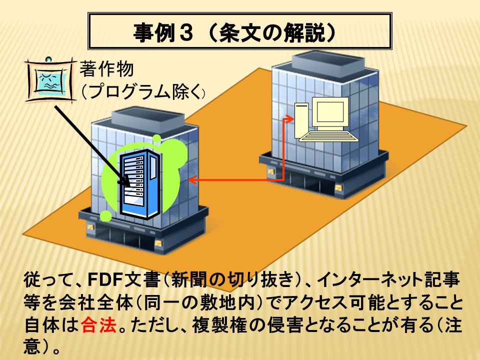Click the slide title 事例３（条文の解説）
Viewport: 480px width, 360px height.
point(234,32)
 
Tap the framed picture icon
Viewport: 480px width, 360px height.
point(50,79)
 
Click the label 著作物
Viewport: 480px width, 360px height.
point(107,68)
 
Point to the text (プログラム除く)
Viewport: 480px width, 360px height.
point(142,91)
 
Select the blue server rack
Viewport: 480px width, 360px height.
point(140,183)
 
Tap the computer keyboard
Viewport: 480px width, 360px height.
point(329,136)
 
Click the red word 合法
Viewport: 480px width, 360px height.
point(99,325)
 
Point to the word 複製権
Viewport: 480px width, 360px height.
point(219,325)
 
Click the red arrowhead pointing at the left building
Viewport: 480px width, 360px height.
point(192,179)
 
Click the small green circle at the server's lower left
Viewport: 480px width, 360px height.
point(106,216)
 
